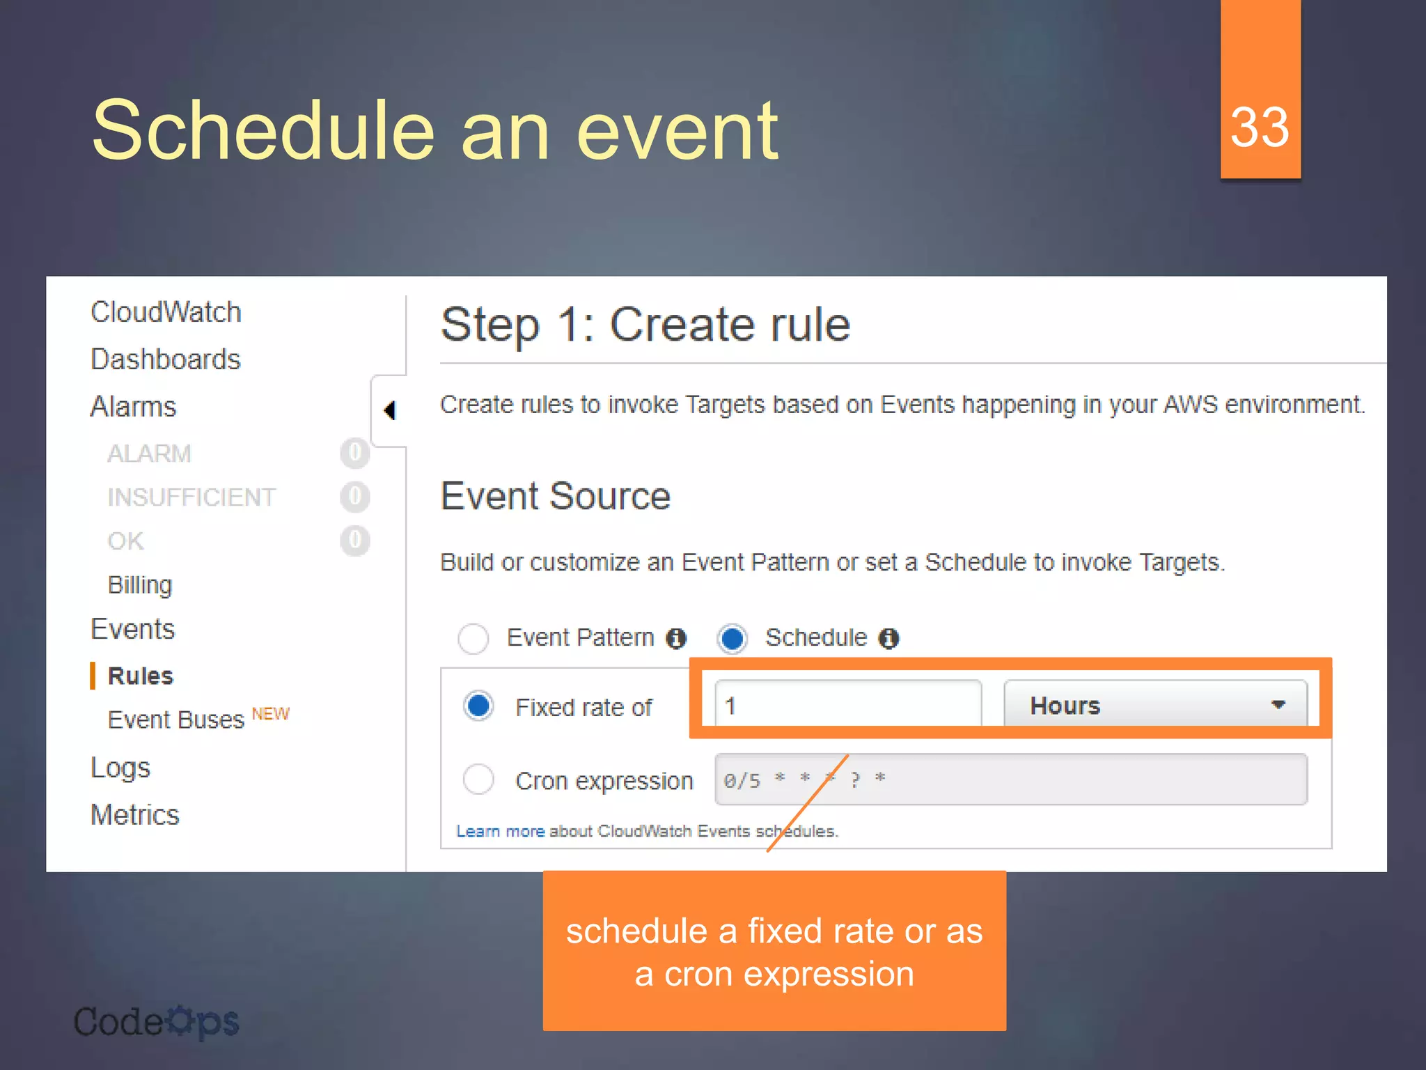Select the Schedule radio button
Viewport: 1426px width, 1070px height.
[732, 638]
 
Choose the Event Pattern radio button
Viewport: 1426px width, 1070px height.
[473, 638]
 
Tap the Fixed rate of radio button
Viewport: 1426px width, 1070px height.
[479, 706]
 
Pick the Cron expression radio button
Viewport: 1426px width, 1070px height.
[479, 779]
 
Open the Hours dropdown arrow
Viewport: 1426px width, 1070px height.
[1278, 704]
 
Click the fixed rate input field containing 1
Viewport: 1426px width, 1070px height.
[848, 705]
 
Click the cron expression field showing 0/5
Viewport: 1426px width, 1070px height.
[1010, 779]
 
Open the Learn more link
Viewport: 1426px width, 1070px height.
[500, 831]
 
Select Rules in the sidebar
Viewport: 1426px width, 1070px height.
[140, 676]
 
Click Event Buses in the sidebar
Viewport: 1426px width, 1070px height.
[176, 720]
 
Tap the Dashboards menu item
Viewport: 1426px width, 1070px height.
[165, 359]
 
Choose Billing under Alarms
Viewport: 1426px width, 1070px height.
[139, 585]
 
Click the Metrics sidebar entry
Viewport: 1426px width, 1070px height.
[135, 814]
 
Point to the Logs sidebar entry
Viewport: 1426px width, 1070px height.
[120, 768]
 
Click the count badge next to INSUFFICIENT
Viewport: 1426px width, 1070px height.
[354, 497]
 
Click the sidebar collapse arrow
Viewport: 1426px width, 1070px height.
[390, 410]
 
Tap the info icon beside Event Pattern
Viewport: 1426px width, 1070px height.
[676, 638]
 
